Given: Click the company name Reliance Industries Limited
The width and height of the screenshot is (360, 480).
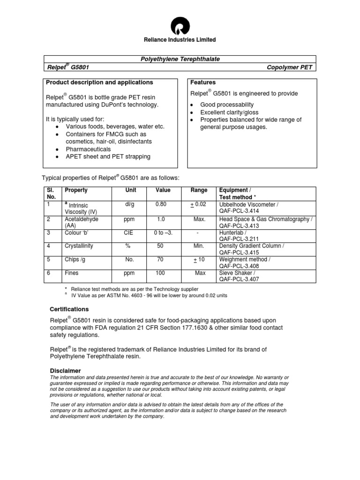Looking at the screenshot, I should (180, 40).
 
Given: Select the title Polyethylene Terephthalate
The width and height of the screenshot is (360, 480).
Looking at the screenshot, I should (180, 59).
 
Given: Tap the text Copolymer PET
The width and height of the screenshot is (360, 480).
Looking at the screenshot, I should (289, 67).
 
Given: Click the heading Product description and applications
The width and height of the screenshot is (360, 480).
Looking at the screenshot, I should (99, 82).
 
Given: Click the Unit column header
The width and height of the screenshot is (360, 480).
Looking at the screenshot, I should (130, 190).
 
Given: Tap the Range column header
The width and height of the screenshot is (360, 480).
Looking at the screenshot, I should (199, 190).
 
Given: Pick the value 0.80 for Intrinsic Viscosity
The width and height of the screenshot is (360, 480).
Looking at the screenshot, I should (161, 205).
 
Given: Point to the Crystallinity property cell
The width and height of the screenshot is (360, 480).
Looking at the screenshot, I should (79, 246).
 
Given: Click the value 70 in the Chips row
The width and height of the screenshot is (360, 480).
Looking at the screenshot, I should (160, 259).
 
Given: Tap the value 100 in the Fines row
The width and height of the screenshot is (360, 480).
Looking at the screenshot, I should (160, 272).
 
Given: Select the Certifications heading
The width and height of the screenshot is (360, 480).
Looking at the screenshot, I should (69, 309).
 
